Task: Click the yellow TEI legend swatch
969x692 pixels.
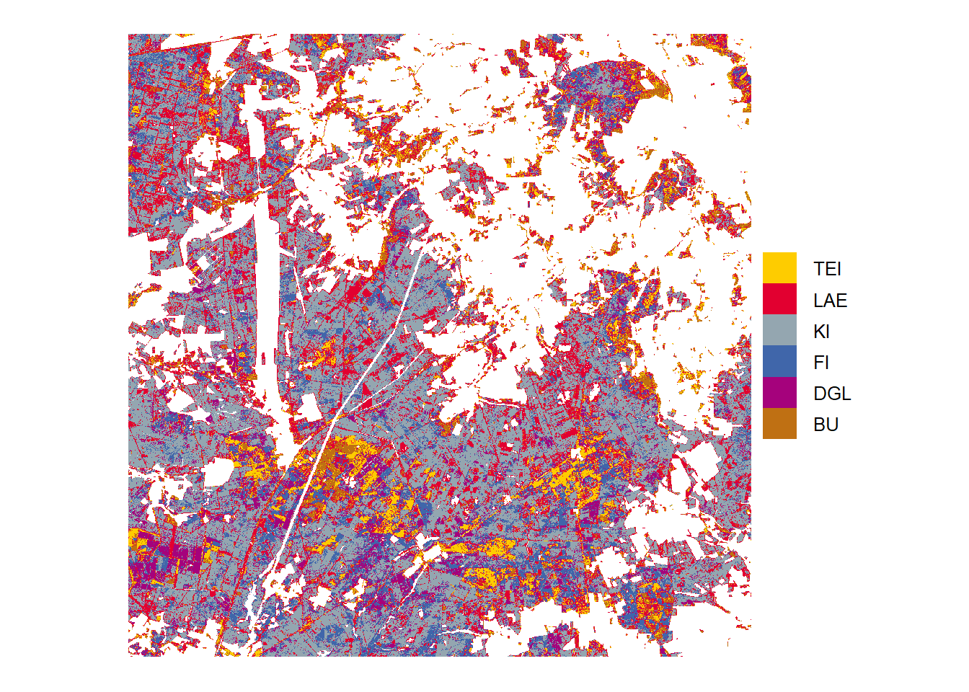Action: coord(779,268)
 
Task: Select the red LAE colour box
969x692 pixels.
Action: coord(779,299)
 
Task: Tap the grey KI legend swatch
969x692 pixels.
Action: coord(779,330)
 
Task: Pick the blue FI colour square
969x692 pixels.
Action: coord(779,362)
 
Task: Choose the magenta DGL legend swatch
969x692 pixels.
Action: coord(779,393)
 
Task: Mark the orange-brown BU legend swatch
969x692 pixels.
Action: coord(779,424)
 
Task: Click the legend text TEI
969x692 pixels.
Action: coord(827,269)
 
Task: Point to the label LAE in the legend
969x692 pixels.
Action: coord(830,301)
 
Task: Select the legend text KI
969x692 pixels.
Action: coord(821,332)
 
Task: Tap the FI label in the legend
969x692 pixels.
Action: coord(820,363)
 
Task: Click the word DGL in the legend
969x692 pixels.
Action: coord(832,394)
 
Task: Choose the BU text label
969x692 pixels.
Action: coord(826,425)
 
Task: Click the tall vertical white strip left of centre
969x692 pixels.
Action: coord(266,288)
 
